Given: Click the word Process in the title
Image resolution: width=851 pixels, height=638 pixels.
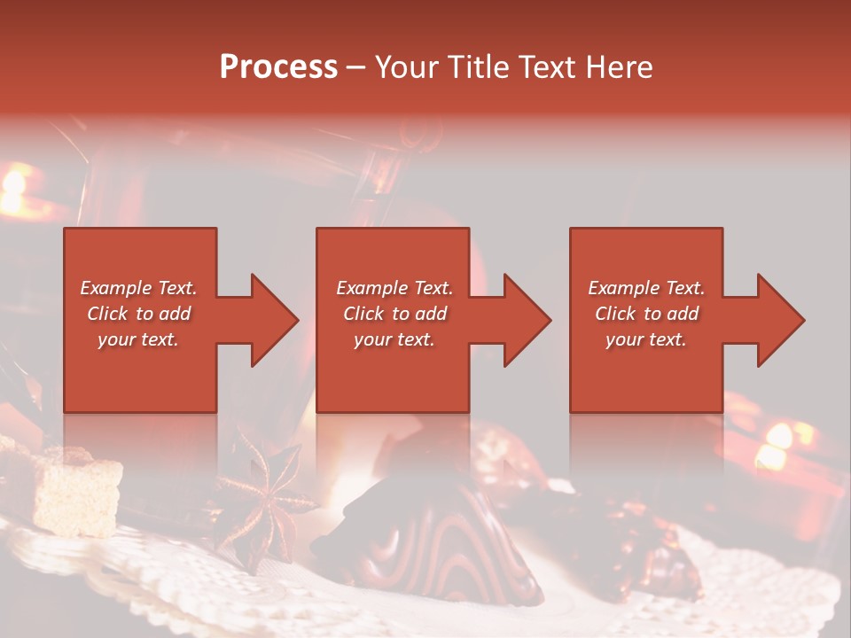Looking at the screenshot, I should click(x=278, y=67).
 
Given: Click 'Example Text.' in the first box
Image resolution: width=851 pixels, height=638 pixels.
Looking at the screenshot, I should click(x=138, y=288).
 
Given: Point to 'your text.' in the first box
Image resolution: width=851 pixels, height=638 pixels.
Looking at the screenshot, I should click(x=138, y=339).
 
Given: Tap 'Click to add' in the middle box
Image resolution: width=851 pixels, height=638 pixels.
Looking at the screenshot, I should click(x=394, y=314).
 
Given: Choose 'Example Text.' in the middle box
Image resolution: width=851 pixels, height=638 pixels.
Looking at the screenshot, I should click(x=394, y=288).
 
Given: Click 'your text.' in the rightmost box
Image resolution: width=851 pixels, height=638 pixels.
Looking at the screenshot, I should click(x=646, y=339).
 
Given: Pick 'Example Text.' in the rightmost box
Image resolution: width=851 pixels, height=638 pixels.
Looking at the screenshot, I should click(x=646, y=288).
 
